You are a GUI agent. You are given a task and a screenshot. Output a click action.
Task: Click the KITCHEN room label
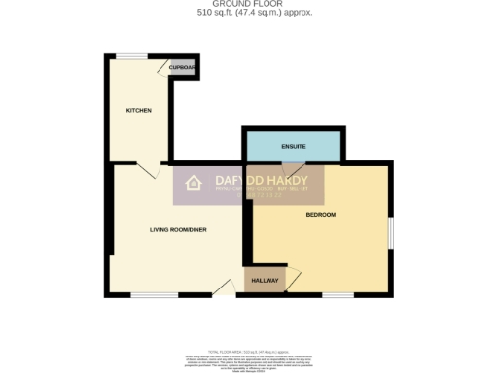click(x=139, y=111)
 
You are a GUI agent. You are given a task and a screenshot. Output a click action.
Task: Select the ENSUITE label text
click(x=294, y=146)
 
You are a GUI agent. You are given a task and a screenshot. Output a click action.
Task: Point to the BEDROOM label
click(x=320, y=214)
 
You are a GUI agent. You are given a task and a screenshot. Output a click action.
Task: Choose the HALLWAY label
click(x=265, y=281)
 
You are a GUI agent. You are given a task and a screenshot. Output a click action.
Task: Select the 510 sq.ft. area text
click(x=248, y=15)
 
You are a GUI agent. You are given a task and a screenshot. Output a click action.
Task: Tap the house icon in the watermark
click(x=193, y=184)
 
